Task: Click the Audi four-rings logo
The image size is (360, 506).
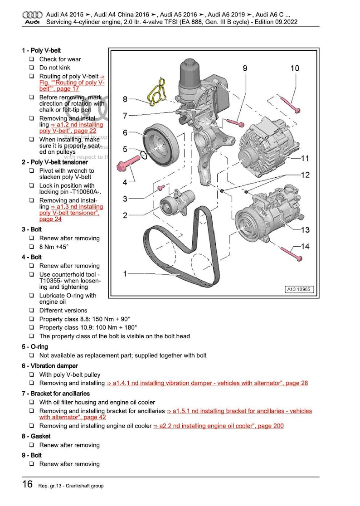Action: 32,15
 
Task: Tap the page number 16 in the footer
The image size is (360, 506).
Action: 27,484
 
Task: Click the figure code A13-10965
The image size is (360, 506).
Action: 299,289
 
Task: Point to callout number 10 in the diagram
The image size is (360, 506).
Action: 295,68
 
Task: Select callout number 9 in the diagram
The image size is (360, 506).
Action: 245,68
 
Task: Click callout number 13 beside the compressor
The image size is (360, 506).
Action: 305,230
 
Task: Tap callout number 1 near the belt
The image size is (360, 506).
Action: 125,273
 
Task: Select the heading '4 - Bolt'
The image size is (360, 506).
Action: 31,257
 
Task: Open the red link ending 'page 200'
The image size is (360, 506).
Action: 219,426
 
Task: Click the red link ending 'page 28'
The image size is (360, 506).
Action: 207,383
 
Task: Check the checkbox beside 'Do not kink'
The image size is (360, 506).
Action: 32,68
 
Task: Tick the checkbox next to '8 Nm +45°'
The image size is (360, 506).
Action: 32,247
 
